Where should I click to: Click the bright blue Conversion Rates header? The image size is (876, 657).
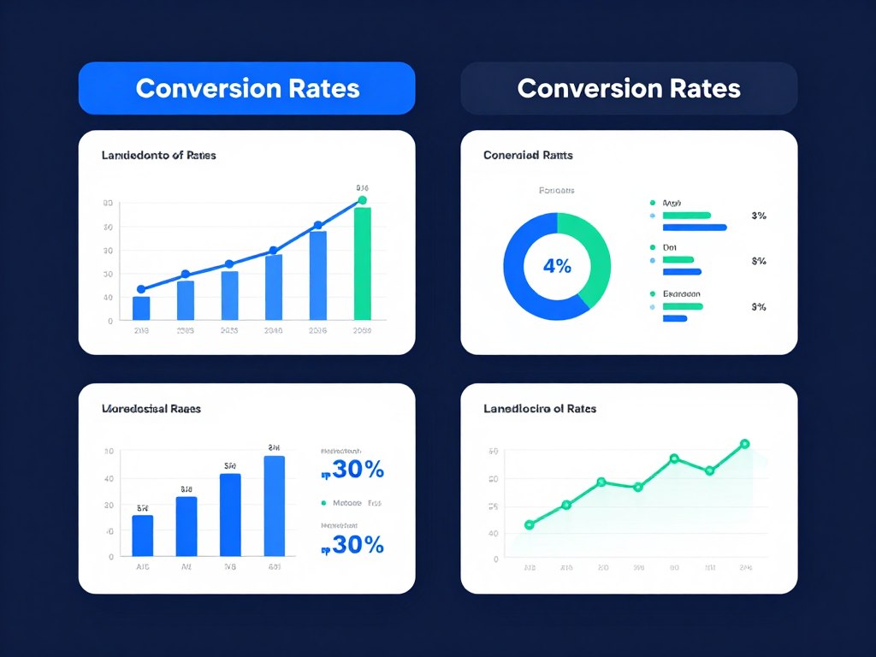(x=246, y=88)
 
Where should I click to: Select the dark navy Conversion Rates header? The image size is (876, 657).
(x=629, y=88)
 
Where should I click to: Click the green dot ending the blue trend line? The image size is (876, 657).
(x=362, y=200)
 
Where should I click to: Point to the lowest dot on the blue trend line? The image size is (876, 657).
(x=141, y=289)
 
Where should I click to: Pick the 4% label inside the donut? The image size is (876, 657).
(x=557, y=266)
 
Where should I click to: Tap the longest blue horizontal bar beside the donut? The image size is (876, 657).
(x=695, y=228)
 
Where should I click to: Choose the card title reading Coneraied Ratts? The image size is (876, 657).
(x=528, y=156)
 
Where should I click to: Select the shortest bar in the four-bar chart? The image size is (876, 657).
(x=143, y=536)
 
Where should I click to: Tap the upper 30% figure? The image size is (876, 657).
(x=352, y=470)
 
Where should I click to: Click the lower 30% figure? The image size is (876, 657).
(x=352, y=544)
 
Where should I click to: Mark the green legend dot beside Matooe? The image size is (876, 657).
(x=323, y=504)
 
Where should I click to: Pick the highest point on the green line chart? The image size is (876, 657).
(x=744, y=444)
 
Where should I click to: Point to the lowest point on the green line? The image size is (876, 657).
(x=529, y=524)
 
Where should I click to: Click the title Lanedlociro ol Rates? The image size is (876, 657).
(x=540, y=409)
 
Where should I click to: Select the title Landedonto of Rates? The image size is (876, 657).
(x=159, y=156)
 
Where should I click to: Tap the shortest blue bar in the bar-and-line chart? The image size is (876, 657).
(x=141, y=308)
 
